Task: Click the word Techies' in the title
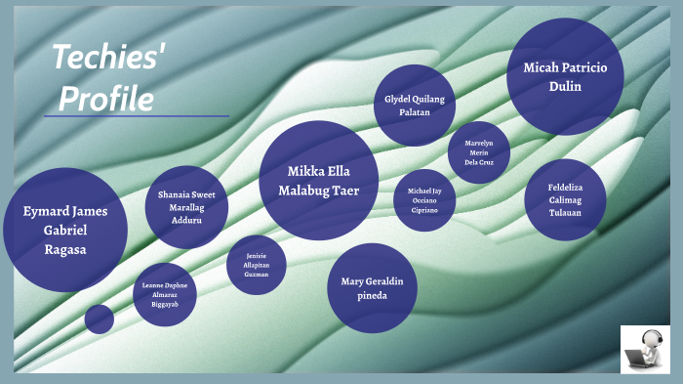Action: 108,60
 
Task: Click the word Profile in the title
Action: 106,98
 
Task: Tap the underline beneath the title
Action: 136,116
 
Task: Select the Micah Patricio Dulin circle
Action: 565,76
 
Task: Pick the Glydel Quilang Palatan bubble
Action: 415,105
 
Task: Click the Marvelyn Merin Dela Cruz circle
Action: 478,152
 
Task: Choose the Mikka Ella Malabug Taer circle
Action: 318,180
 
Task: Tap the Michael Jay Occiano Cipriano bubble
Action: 424,199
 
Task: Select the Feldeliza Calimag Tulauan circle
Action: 565,199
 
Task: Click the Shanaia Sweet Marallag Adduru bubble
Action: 186,207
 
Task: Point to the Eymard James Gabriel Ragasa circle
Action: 65,230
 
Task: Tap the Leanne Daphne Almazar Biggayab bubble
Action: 164,294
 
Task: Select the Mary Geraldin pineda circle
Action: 372,288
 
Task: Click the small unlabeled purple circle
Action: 99,319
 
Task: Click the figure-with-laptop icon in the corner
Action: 645,349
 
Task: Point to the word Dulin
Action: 565,86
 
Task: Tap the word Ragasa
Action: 65,249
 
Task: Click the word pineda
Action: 372,295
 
